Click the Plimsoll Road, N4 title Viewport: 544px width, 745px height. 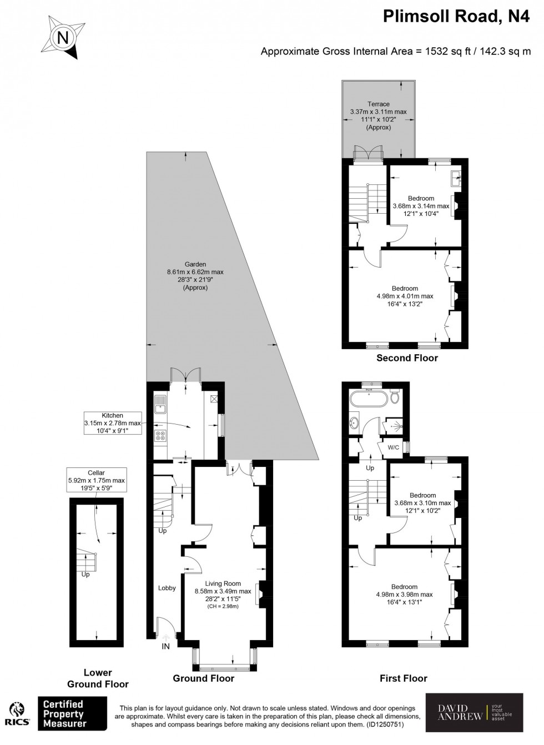pyautogui.click(x=456, y=18)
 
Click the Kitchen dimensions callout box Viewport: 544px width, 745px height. pyautogui.click(x=112, y=423)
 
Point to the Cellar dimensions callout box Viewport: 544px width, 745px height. pyautogui.click(x=96, y=480)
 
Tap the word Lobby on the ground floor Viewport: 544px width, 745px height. pyautogui.click(x=167, y=588)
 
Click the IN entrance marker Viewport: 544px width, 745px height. pyautogui.click(x=165, y=646)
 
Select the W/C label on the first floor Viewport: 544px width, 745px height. pyautogui.click(x=393, y=447)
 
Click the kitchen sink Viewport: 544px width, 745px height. pyautogui.click(x=160, y=404)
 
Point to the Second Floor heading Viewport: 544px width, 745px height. pyautogui.click(x=407, y=358)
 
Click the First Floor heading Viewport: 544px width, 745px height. pyautogui.click(x=403, y=678)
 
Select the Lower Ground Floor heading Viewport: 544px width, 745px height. pyautogui.click(x=98, y=678)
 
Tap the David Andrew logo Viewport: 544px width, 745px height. pyautogui.click(x=474, y=712)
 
